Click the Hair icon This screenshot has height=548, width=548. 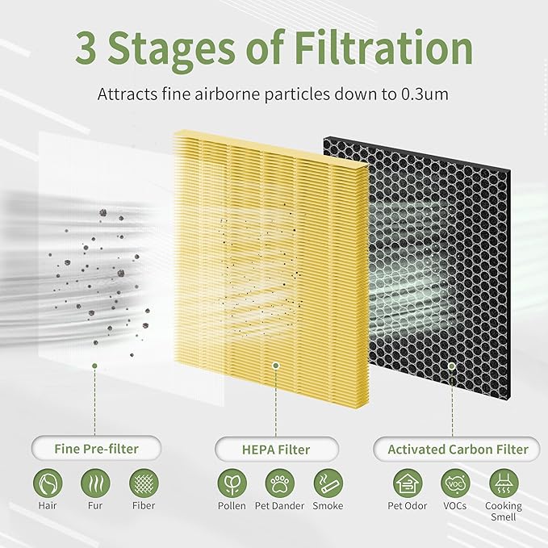48,484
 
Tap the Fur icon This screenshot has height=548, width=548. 96,484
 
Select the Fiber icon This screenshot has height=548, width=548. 144,484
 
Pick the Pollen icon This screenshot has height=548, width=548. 232,484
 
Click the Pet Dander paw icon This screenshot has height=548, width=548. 280,484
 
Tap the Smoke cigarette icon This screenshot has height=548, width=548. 328,484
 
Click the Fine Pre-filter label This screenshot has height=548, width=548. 95,449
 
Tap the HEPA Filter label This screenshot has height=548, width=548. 276,449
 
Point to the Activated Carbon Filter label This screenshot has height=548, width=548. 458,449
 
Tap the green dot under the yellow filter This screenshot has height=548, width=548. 276,366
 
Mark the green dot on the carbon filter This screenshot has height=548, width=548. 452,366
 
